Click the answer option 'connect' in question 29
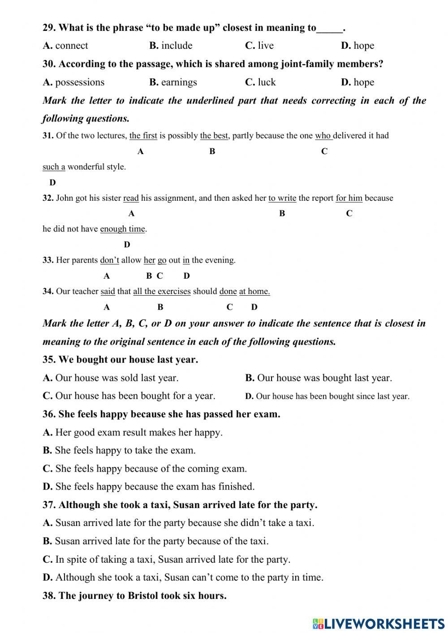pos(71,46)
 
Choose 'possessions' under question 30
pos(79,82)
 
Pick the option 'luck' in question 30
pos(267,82)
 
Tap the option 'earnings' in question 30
pos(179,82)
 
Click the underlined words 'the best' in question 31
pos(214,136)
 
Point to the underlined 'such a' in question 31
pos(54,167)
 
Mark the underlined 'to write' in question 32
pos(282,198)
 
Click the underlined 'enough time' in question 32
pos(122,229)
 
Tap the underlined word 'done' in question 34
pos(228,292)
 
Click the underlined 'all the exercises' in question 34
pos(162,292)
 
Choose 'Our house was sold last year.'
pos(116,378)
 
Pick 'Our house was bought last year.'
pos(324,378)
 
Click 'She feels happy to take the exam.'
pos(125,451)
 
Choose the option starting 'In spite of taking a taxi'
pos(172,560)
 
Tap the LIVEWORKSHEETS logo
pos(379,623)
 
